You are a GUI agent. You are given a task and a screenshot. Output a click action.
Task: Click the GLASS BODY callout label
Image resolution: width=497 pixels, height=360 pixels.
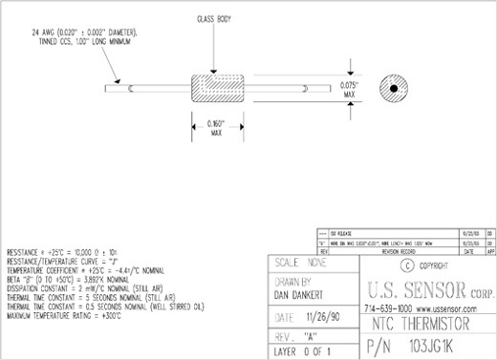coord(213,18)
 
